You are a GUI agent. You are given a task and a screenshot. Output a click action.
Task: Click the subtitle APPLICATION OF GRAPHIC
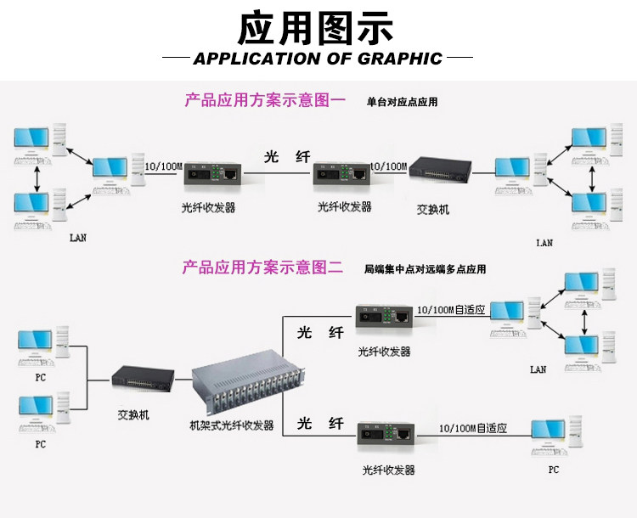point(318,59)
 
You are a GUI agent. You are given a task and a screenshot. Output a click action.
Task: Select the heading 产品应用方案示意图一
point(265,101)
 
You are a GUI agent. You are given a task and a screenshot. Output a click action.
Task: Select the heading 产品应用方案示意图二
point(262,268)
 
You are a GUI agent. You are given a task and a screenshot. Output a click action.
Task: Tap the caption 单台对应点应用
point(402,102)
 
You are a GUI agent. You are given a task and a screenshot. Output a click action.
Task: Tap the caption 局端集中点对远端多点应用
point(425,269)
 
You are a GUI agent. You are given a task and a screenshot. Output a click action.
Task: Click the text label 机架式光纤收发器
point(231,425)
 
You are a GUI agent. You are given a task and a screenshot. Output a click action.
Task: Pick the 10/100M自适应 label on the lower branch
point(472,429)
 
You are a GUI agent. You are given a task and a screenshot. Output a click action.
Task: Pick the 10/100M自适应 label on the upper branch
point(450,311)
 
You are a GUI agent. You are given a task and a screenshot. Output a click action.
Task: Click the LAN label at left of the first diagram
point(77,238)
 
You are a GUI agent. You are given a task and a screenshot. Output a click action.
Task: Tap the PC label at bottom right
point(554,469)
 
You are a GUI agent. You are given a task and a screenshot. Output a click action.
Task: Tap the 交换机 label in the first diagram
point(433,209)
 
